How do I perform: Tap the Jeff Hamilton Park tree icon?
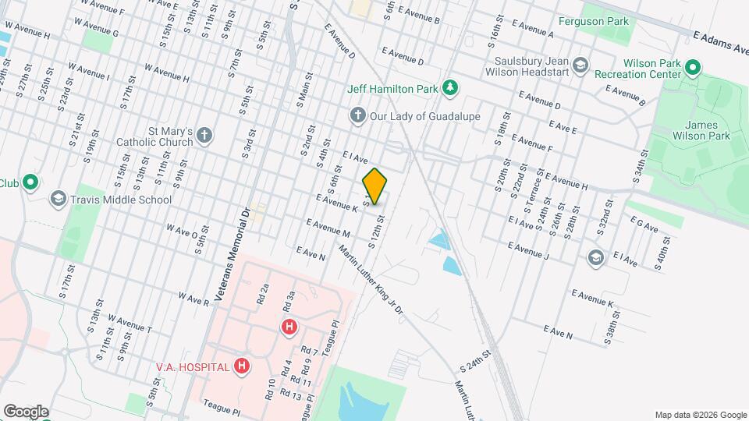pyautogui.click(x=449, y=88)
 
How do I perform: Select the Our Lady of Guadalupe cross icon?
pyautogui.click(x=357, y=116)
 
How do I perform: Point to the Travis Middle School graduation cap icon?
pyautogui.click(x=57, y=200)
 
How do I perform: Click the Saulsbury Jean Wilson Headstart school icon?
pyautogui.click(x=580, y=65)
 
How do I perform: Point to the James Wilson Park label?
pyautogui.click(x=706, y=130)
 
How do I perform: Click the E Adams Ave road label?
pyautogui.click(x=720, y=41)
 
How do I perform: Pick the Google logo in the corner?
pyautogui.click(x=26, y=411)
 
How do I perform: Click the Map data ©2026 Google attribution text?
pyautogui.click(x=699, y=415)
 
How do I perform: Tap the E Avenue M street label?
pyautogui.click(x=328, y=228)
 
